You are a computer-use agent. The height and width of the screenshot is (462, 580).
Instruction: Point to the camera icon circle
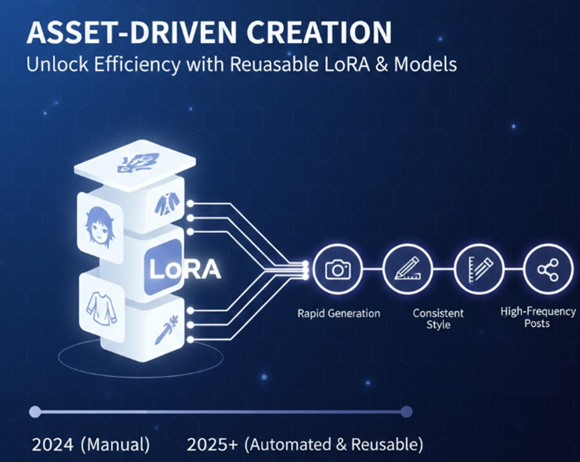[x=338, y=269]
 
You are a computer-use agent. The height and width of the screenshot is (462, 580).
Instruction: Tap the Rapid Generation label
[x=339, y=314]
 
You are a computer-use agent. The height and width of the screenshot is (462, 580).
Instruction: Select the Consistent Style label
[x=439, y=318]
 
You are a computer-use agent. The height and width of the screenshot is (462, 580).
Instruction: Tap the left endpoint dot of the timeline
[x=35, y=411]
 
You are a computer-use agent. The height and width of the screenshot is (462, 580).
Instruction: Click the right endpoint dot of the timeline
[x=405, y=411]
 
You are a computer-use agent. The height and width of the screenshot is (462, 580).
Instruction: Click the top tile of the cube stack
[x=135, y=163]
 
